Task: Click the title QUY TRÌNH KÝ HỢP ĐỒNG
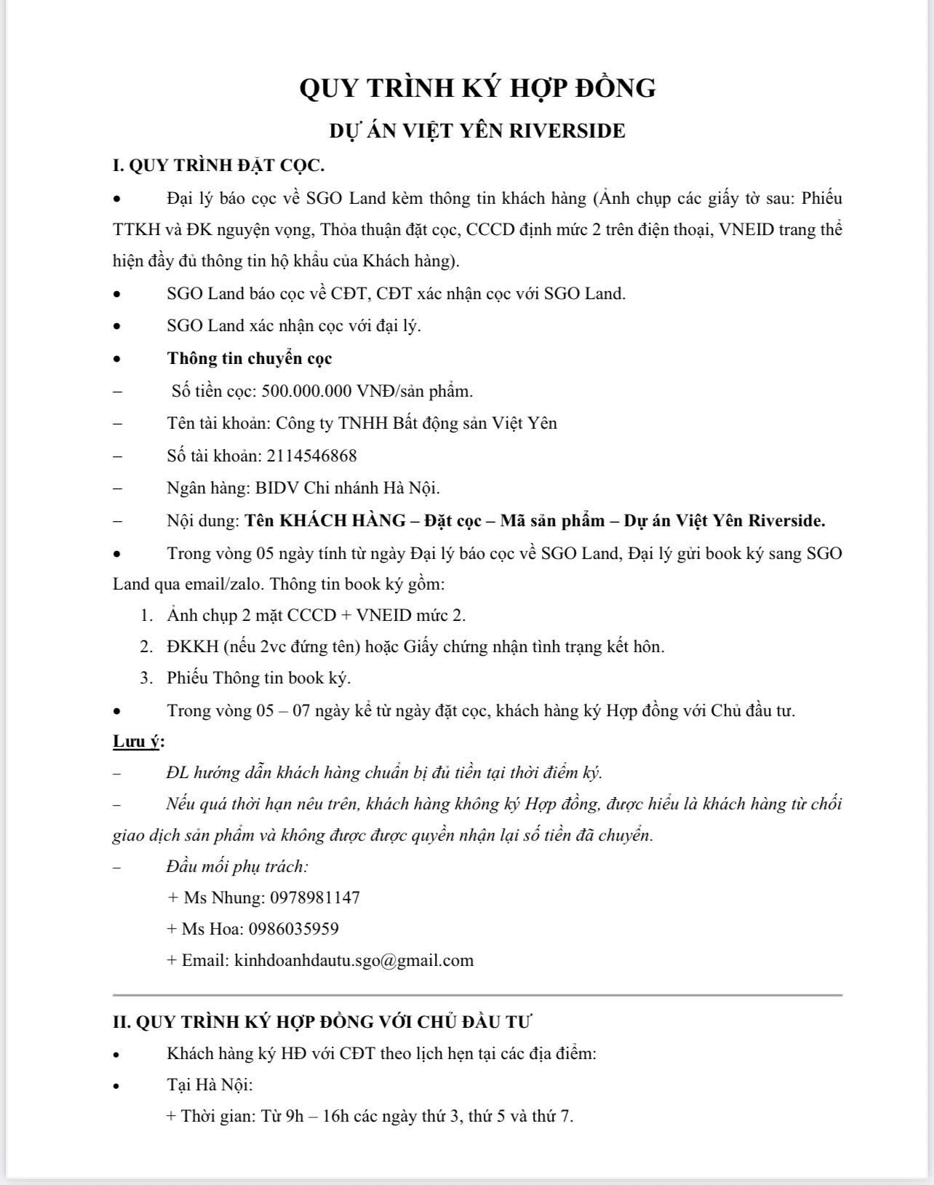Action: pos(477,88)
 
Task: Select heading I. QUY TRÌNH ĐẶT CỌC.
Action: pos(218,165)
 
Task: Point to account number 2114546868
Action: pos(311,456)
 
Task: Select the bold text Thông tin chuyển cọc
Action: pos(250,358)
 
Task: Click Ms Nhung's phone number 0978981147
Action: pos(314,897)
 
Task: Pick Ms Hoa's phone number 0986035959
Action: pos(293,929)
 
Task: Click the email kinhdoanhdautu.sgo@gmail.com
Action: pos(354,960)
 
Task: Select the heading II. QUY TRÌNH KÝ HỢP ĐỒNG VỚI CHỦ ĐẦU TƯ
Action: pos(322,1021)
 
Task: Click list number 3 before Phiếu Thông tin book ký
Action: pos(146,678)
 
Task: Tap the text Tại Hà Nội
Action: pos(209,1085)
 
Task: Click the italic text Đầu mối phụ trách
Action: pos(237,866)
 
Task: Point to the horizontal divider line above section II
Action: pos(477,994)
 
